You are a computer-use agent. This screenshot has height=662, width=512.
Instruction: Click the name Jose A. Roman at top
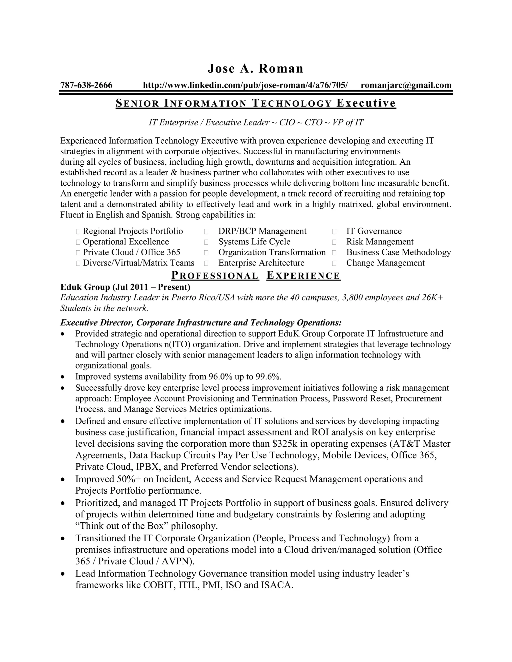(255, 68)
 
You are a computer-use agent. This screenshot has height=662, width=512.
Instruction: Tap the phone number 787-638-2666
(86, 85)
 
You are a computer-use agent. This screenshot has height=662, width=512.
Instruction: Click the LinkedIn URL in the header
(245, 85)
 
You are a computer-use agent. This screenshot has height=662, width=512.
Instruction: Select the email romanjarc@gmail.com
(406, 85)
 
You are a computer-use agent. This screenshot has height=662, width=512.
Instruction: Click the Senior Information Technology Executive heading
(256, 103)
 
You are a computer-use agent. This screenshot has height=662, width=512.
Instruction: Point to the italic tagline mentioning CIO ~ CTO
(256, 122)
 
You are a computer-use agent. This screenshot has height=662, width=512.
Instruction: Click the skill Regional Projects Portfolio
(132, 231)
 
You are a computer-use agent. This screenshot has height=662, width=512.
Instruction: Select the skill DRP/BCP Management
(262, 231)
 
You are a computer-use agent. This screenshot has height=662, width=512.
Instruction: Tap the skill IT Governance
(374, 231)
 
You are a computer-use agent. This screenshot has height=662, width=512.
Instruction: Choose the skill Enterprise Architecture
(261, 263)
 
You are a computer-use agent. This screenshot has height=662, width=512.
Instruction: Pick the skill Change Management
(385, 263)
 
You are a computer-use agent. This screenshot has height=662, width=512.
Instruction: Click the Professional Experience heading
(256, 276)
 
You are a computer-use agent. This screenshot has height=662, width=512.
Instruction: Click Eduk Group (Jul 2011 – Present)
(125, 287)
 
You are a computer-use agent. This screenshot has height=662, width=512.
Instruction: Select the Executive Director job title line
(201, 322)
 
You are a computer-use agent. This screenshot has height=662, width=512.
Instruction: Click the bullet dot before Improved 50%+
(63, 480)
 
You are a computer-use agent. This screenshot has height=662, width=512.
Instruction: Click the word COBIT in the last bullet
(158, 585)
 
